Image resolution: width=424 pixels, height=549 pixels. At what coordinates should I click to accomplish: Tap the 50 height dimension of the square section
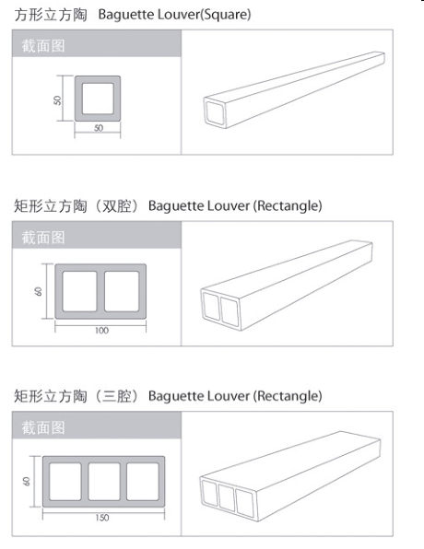(x=57, y=100)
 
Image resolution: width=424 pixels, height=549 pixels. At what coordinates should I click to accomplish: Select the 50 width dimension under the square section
(x=99, y=128)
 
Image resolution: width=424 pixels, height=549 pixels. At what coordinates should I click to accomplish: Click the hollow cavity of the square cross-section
(x=98, y=99)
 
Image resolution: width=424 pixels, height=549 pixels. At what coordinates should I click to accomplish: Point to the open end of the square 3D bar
(x=215, y=112)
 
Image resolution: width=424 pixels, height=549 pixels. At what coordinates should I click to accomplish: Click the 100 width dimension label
(x=101, y=330)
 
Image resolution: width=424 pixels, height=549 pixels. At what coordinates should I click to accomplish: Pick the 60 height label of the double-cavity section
(x=38, y=291)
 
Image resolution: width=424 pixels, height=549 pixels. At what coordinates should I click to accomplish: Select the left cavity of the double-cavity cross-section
(x=80, y=291)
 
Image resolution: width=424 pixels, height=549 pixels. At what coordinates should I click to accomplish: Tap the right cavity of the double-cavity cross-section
(x=122, y=291)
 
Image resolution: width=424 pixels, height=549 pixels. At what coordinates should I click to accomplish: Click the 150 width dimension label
(x=102, y=518)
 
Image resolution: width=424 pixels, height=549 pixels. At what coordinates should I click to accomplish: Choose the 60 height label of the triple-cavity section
(x=27, y=481)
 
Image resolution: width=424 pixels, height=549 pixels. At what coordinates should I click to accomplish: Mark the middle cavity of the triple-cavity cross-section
(x=104, y=482)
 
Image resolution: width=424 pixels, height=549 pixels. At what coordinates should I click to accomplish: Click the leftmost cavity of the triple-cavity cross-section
(x=65, y=482)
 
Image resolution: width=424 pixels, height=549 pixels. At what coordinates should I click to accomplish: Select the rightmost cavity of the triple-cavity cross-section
(x=143, y=482)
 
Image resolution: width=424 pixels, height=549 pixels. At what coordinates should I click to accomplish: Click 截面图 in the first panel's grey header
(x=43, y=46)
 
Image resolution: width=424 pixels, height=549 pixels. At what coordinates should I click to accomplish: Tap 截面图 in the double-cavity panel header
(x=43, y=238)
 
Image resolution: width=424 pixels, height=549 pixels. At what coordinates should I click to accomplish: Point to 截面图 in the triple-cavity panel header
(x=43, y=427)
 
